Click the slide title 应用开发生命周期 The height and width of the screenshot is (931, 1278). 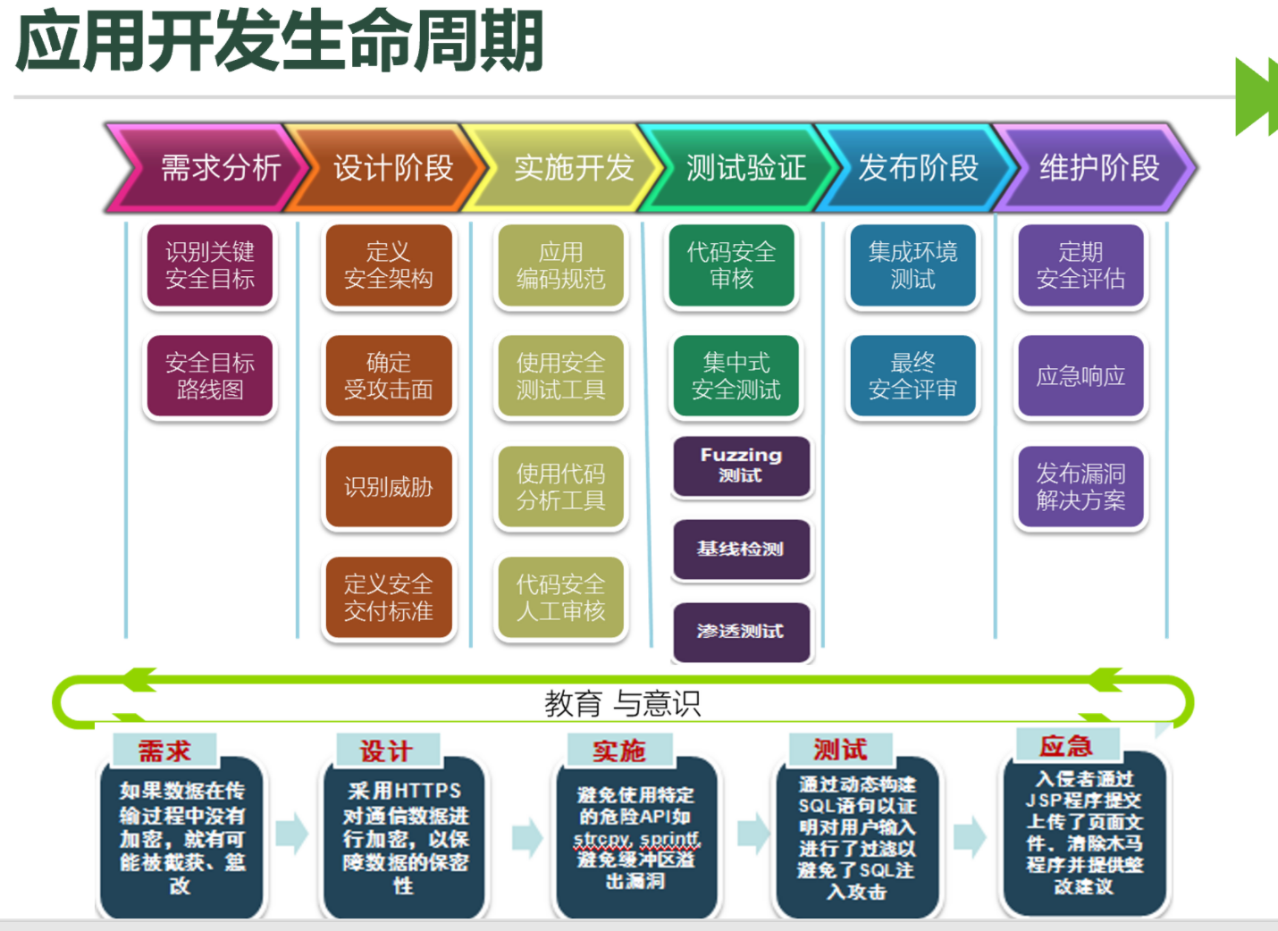click(280, 41)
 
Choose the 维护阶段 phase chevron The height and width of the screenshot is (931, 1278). click(1098, 168)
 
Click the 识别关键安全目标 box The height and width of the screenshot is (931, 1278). click(210, 266)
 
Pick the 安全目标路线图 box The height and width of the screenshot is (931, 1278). click(210, 376)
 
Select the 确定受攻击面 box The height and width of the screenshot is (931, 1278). click(389, 376)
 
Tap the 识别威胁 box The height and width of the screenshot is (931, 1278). click(389, 487)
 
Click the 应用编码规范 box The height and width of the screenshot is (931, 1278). click(561, 266)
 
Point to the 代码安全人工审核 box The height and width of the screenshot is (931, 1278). click(561, 598)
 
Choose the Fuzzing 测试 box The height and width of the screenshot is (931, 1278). click(741, 465)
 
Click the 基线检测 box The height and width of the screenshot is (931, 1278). click(741, 549)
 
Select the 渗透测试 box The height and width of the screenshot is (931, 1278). click(741, 632)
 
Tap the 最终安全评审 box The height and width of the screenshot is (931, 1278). click(912, 376)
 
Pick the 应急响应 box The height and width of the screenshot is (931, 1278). click(1080, 376)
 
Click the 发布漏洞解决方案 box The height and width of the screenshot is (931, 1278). click(1080, 487)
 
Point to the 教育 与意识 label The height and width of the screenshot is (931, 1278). click(622, 704)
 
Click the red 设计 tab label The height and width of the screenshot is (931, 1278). click(387, 751)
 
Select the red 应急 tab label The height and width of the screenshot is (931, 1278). click(1066, 746)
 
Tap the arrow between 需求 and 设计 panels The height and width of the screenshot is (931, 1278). click(291, 834)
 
